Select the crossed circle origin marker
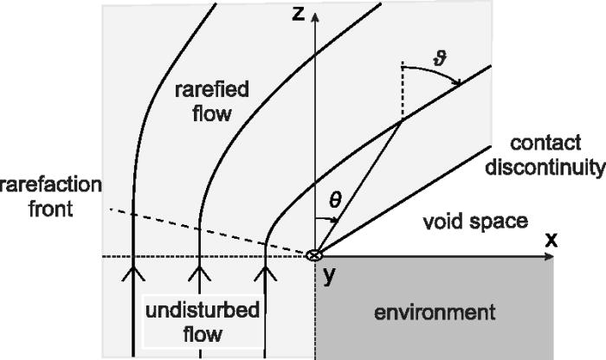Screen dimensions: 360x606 click(316, 255)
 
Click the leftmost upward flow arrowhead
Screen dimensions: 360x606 click(132, 275)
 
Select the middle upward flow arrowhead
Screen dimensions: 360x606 click(201, 275)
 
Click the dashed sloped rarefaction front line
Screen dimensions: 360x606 click(208, 229)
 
